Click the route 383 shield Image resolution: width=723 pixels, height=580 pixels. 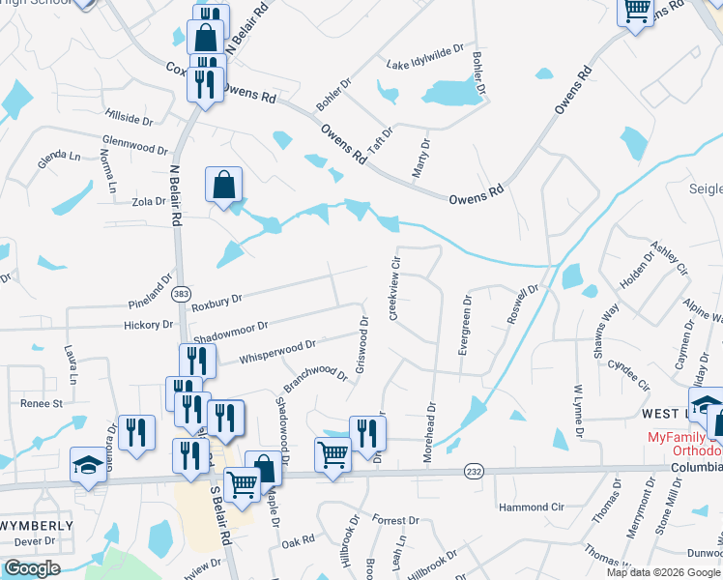(x=179, y=293)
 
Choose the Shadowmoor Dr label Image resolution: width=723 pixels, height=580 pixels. (x=229, y=332)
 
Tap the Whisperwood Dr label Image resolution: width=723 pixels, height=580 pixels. (x=277, y=350)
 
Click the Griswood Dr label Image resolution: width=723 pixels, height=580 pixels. (x=361, y=344)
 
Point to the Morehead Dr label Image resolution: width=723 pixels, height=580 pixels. (x=431, y=426)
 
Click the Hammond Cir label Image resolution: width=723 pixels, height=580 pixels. (x=530, y=507)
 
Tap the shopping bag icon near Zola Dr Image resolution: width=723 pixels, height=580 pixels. (x=223, y=183)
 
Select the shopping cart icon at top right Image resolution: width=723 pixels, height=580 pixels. (x=636, y=12)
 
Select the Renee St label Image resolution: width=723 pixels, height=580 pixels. (x=43, y=402)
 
